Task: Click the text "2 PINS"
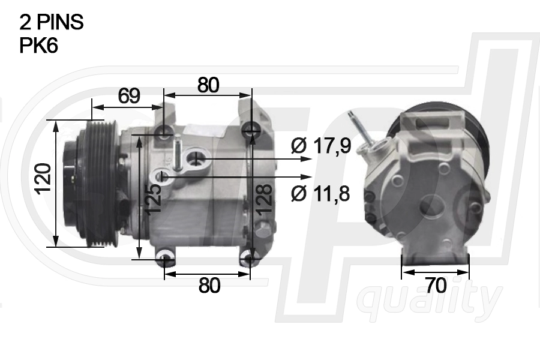pos(52,22)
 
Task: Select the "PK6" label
pos(38,46)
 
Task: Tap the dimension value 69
pos(128,95)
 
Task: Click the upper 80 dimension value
pos(208,85)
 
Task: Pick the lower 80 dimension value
pos(209,286)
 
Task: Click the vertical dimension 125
pos(153,198)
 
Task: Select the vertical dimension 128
pos(264,199)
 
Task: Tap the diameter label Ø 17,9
pos(321,146)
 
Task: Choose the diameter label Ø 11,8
pos(321,193)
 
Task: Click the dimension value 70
pos(436,286)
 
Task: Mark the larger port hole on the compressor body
pos(196,159)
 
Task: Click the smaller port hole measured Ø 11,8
pos(164,177)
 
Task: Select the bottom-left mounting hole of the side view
pos(164,260)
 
